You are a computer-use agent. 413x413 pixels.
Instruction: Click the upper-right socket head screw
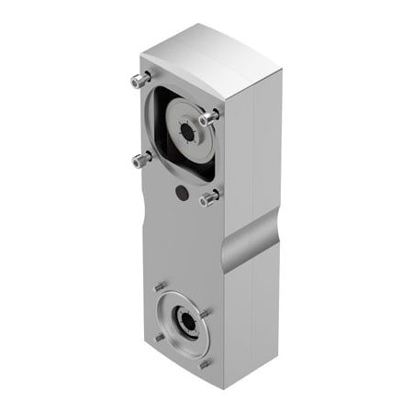point(210,117)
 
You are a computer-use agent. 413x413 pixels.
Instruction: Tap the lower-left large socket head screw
point(140,160)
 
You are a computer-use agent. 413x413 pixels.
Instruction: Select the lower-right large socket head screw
point(209,196)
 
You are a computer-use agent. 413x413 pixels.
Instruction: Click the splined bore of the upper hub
point(188,132)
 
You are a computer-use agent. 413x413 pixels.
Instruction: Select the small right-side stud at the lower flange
point(206,313)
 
